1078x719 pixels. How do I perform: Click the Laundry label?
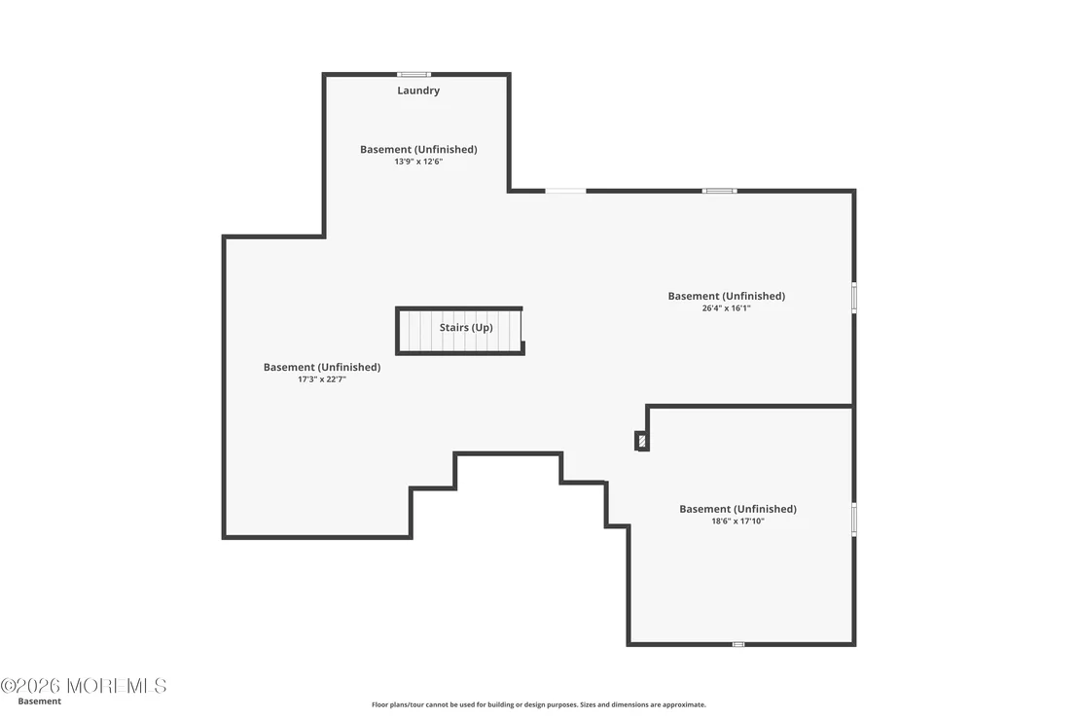(x=418, y=90)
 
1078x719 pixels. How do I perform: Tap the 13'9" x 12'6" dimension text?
(x=418, y=162)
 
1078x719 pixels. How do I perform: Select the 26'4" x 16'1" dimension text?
(x=726, y=308)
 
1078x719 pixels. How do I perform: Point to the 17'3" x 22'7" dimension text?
(x=322, y=378)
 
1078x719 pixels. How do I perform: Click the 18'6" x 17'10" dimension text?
(x=737, y=521)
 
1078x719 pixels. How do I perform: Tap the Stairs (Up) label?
(x=466, y=327)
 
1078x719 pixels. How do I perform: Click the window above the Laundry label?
(x=413, y=74)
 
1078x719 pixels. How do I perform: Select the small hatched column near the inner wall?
(x=642, y=441)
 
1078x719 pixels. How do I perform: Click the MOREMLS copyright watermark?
(x=84, y=685)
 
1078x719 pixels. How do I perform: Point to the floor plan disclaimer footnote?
(x=538, y=704)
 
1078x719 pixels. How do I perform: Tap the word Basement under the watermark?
(x=39, y=701)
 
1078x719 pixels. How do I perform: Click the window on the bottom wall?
(x=737, y=644)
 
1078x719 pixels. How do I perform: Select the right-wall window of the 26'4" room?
(x=854, y=298)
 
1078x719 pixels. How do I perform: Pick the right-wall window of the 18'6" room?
(x=854, y=519)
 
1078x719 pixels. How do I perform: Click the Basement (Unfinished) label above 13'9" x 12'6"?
(x=418, y=149)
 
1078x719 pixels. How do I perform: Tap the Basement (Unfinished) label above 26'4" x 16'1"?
(x=726, y=296)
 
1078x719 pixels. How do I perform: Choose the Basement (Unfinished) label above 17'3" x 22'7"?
(x=322, y=367)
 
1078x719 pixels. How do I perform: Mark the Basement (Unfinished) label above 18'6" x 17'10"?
(x=737, y=509)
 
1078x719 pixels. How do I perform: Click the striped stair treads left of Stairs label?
(x=419, y=331)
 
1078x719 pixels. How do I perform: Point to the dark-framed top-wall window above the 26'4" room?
(x=719, y=191)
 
